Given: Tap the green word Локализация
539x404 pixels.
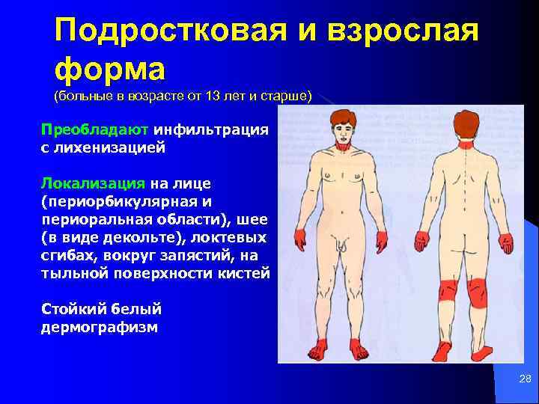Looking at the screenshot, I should tap(94, 183).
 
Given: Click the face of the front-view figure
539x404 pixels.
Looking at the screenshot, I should tap(344, 135).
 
